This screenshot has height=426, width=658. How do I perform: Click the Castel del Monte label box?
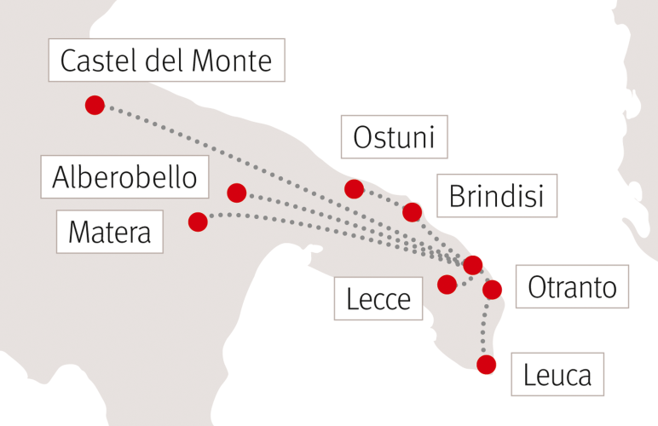point(167,60)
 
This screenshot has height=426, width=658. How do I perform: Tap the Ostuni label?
point(394,137)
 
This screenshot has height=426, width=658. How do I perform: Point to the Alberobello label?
point(124,178)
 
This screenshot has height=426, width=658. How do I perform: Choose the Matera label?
point(109,231)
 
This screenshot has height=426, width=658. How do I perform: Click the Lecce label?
point(378,299)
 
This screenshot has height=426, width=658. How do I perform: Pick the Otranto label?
point(572,287)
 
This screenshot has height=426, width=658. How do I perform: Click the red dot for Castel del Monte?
point(95,105)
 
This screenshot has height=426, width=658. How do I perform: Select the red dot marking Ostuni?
point(354,188)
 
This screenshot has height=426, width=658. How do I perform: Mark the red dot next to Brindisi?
point(413,211)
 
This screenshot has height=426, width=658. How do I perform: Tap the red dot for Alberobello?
point(237,193)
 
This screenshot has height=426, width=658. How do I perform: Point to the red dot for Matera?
point(198,222)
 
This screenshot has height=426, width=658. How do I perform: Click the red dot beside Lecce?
point(447,284)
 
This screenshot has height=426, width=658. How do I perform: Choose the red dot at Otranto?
point(492,290)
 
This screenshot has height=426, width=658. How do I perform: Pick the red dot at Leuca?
point(486,365)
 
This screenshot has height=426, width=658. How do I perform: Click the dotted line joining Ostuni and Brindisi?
point(384,199)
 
